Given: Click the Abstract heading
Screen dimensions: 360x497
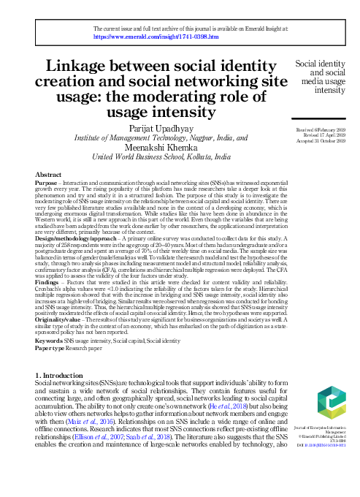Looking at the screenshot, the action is pos(69,175).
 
